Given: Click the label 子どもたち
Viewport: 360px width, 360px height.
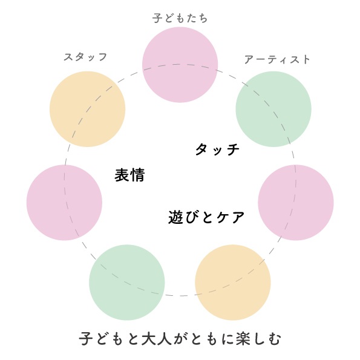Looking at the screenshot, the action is (x=180, y=18).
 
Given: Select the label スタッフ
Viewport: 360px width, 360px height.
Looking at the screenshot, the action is (x=85, y=57).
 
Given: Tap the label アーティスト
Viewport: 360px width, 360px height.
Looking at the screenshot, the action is (x=277, y=60).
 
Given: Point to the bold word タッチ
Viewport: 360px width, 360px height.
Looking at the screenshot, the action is (x=217, y=149).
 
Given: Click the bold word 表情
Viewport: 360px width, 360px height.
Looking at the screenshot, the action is (x=129, y=175).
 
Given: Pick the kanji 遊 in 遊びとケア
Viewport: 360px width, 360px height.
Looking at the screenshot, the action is (x=176, y=217).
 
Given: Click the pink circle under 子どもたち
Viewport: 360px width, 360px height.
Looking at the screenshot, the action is (x=180, y=65).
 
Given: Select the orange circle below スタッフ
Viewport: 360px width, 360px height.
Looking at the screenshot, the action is (x=88, y=109).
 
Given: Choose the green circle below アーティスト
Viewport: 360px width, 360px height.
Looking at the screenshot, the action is (x=273, y=109).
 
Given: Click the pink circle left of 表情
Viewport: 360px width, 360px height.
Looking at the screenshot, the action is (x=64, y=203).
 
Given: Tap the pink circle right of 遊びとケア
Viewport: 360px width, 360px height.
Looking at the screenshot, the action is (x=296, y=203).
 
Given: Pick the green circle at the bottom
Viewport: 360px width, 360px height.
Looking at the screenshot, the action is (x=127, y=283).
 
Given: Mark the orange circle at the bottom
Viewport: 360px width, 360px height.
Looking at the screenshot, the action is (x=233, y=283).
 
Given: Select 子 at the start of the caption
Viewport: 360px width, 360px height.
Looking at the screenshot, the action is (x=86, y=338).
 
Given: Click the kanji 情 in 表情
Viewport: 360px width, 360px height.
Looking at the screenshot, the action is (x=137, y=175).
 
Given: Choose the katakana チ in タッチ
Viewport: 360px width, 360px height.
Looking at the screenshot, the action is (x=232, y=149).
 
